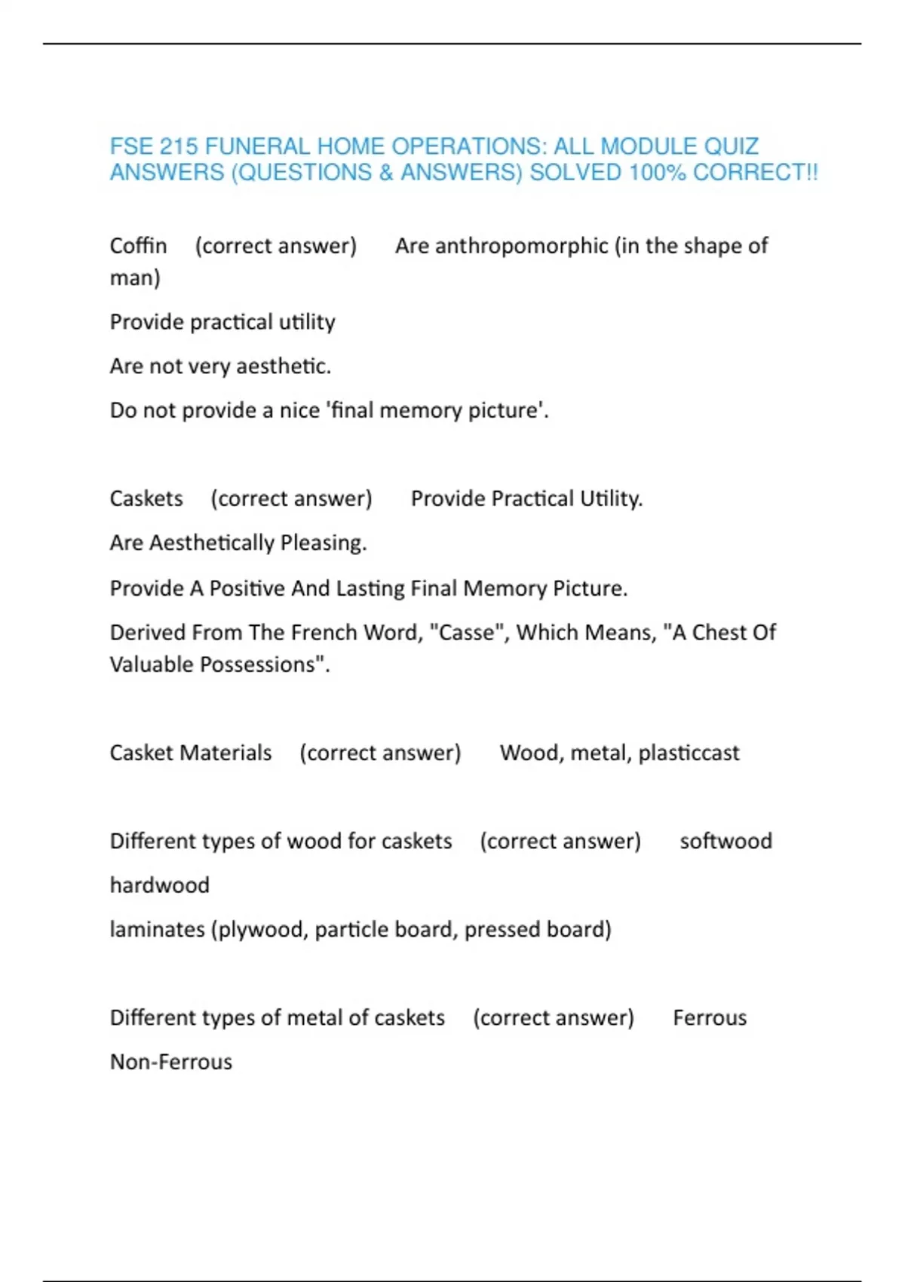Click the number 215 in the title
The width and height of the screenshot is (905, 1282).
pos(178,146)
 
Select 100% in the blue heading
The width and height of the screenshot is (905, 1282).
pos(657,173)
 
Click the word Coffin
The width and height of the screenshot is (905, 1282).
pos(138,246)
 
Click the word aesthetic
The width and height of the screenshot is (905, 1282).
pos(284,367)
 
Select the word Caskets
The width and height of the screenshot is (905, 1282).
pos(146,498)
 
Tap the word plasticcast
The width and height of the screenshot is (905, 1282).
pos(689,753)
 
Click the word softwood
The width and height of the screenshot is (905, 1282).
pos(726,841)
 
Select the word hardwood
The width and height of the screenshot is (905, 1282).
pos(160,885)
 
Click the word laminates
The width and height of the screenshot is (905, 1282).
pos(157,929)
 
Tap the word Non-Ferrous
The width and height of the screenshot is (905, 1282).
pos(171,1062)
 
